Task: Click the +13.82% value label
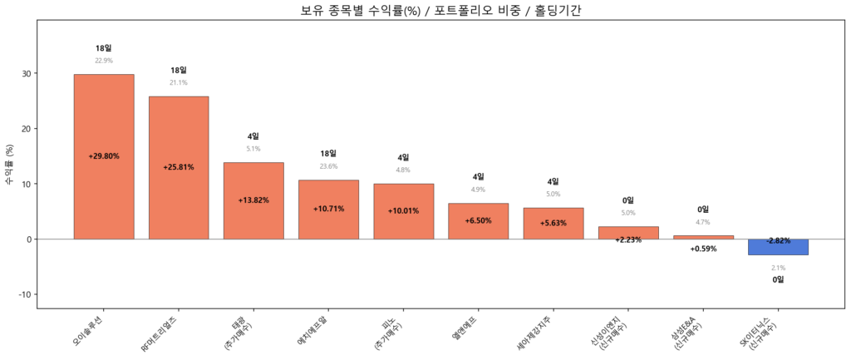point(253,200)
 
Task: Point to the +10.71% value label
point(328,209)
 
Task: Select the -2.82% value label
point(778,240)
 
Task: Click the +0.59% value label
point(703,249)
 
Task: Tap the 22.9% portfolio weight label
point(104,61)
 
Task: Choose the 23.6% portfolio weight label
point(328,166)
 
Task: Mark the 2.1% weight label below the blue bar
point(778,268)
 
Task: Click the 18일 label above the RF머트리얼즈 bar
point(179,71)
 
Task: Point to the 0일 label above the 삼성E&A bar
point(703,210)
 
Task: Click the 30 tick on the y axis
point(26,74)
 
